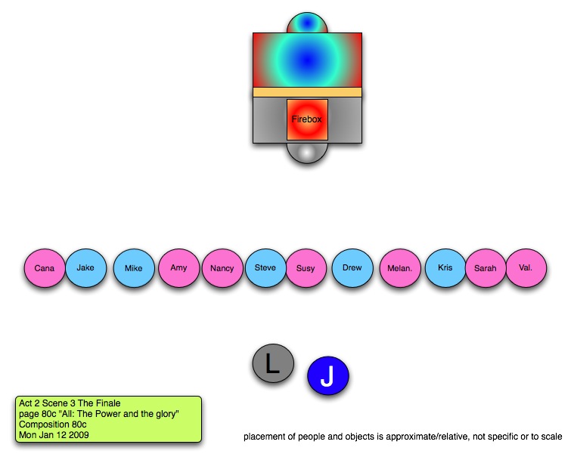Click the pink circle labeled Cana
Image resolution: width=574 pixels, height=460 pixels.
pyautogui.click(x=45, y=269)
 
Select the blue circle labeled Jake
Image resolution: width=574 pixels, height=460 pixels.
pyautogui.click(x=85, y=267)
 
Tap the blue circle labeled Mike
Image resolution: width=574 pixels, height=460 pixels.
pyautogui.click(x=134, y=269)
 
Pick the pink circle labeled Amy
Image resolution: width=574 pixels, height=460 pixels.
pyautogui.click(x=178, y=268)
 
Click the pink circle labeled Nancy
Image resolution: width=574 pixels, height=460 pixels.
pyautogui.click(x=222, y=269)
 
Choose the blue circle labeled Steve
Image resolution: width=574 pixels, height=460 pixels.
pyautogui.click(x=265, y=268)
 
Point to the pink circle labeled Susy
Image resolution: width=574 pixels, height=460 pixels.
pyautogui.click(x=306, y=269)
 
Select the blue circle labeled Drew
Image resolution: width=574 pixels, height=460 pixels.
pyautogui.click(x=352, y=268)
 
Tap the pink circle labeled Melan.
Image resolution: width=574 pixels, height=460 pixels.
pyautogui.click(x=399, y=269)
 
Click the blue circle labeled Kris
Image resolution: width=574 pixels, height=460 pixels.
pyautogui.click(x=445, y=268)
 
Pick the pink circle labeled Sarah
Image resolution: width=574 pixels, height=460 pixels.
pyautogui.click(x=486, y=269)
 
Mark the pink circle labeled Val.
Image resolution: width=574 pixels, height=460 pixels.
pyautogui.click(x=526, y=268)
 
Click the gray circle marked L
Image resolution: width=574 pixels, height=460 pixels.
pyautogui.click(x=273, y=364)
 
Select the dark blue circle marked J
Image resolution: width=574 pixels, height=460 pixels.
pyautogui.click(x=327, y=375)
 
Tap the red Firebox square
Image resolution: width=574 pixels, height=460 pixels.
pyautogui.click(x=307, y=119)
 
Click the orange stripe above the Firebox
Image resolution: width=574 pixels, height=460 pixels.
pyautogui.click(x=307, y=92)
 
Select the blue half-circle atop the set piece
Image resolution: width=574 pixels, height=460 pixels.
pyautogui.click(x=307, y=23)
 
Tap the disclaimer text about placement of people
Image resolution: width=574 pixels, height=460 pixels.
pyautogui.click(x=402, y=437)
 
